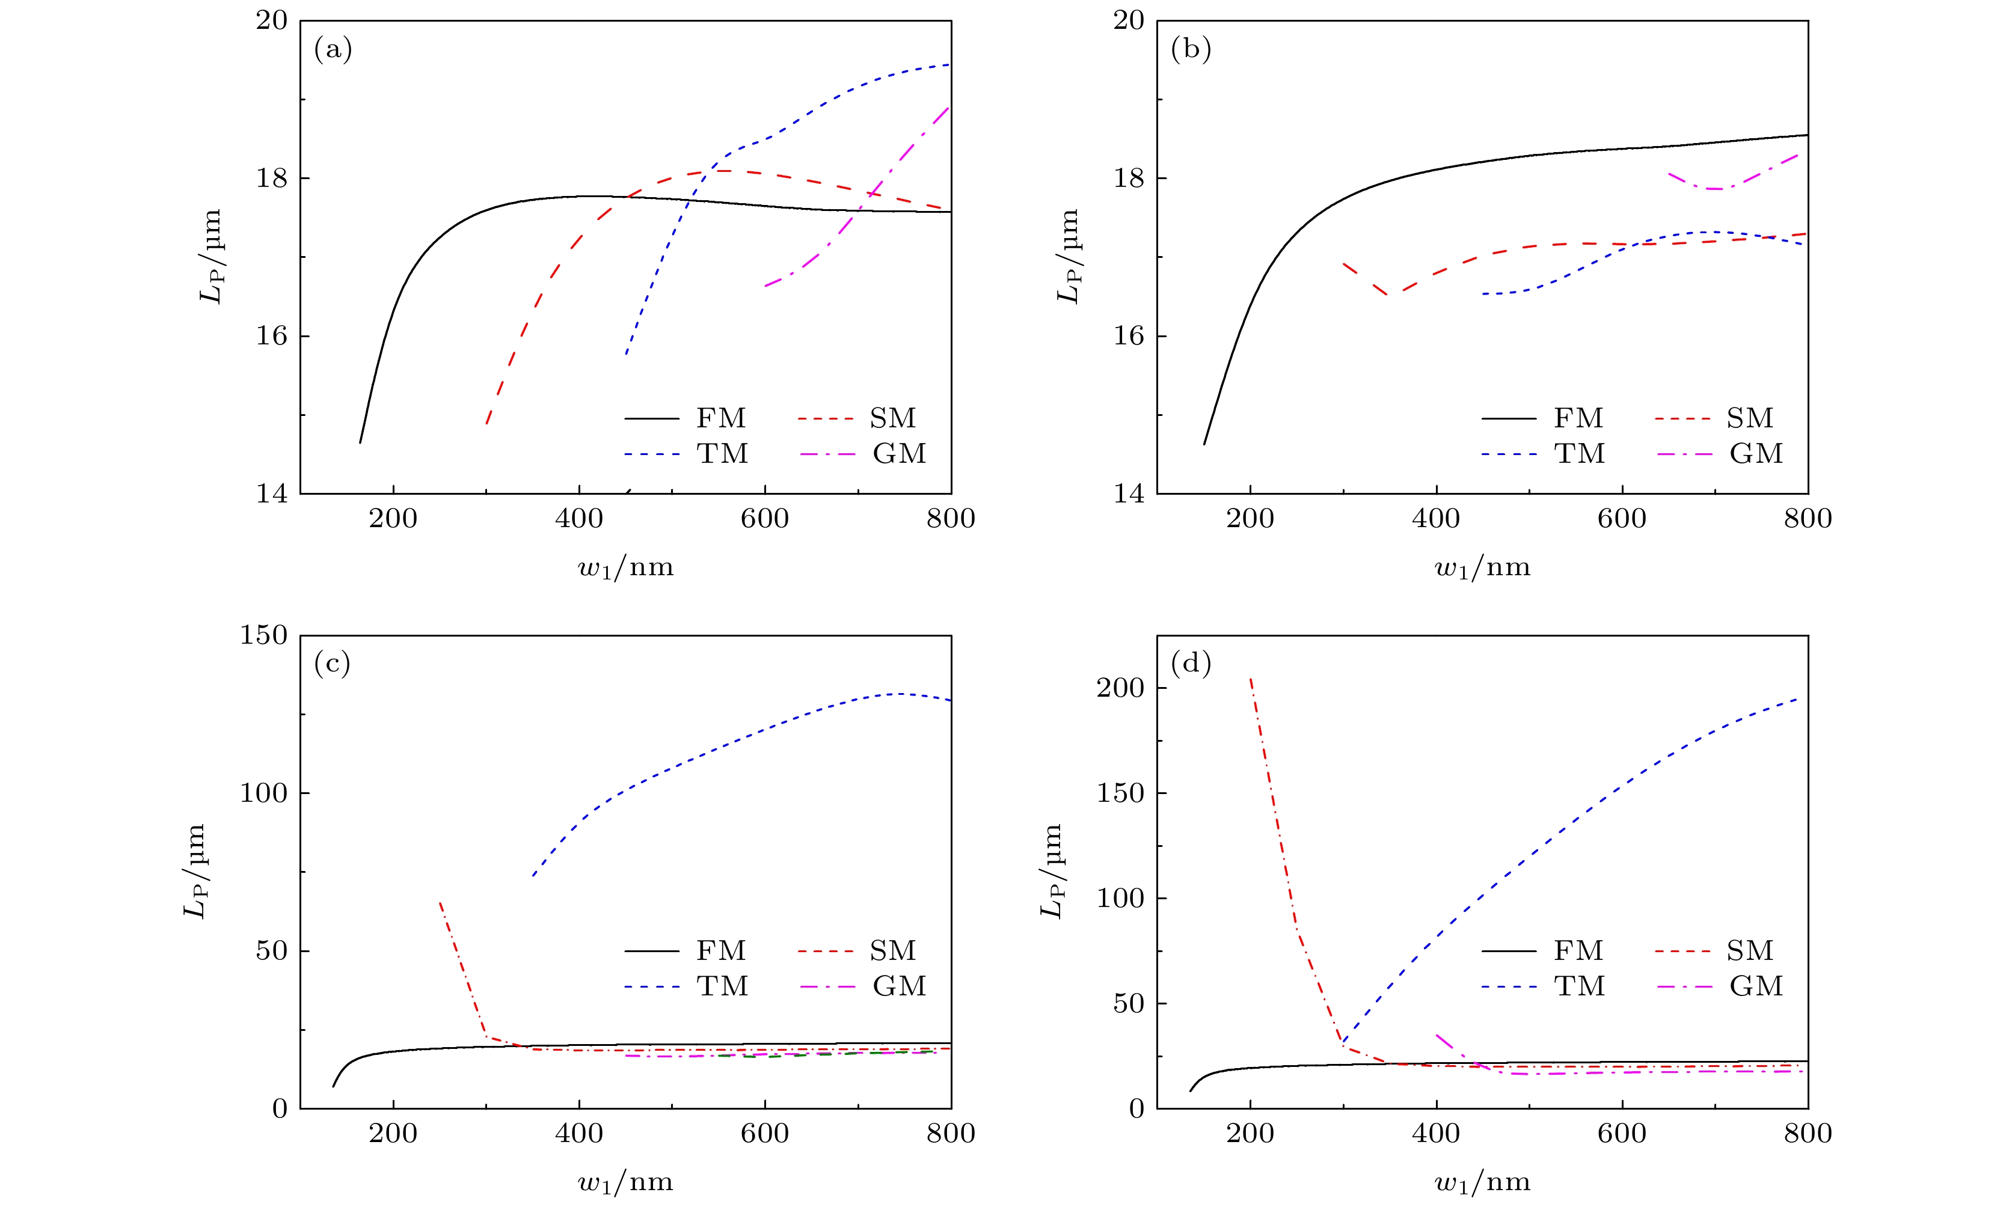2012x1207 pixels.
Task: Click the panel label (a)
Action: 333,50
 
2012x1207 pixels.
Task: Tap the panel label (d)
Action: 1190,664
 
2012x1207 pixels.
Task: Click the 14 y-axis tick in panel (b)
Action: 1129,493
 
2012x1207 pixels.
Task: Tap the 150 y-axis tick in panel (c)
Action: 263,635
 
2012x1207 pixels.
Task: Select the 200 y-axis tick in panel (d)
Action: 1120,687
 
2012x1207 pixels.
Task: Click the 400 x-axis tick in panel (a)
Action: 579,519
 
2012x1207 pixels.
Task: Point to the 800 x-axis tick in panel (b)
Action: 1808,519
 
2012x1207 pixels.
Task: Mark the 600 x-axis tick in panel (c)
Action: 765,1133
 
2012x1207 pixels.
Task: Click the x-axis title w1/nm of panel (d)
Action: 1482,1182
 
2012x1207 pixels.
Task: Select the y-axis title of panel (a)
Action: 210,256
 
